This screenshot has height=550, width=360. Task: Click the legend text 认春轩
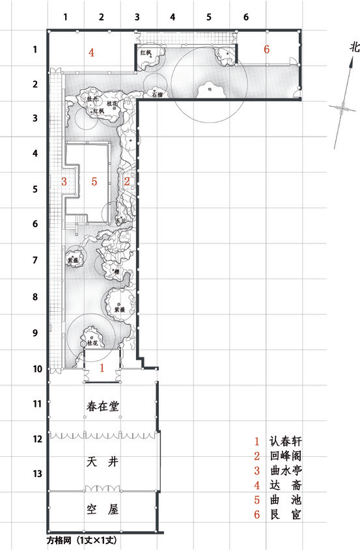(285, 441)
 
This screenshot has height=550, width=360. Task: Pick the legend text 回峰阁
(285, 456)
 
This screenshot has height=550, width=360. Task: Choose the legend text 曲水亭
(285, 471)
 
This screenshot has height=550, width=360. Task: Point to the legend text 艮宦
(285, 516)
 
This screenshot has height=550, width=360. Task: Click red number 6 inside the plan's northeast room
(266, 49)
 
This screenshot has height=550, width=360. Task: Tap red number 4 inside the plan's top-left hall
(92, 53)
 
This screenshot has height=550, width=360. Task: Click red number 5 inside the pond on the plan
(94, 182)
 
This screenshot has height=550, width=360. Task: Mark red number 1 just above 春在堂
(101, 368)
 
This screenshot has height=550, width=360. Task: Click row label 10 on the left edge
(38, 369)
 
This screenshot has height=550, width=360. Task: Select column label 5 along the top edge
(209, 18)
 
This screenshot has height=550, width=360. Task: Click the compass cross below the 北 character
(340, 109)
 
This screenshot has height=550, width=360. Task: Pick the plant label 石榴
(156, 94)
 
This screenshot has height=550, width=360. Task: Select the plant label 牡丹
(92, 99)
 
